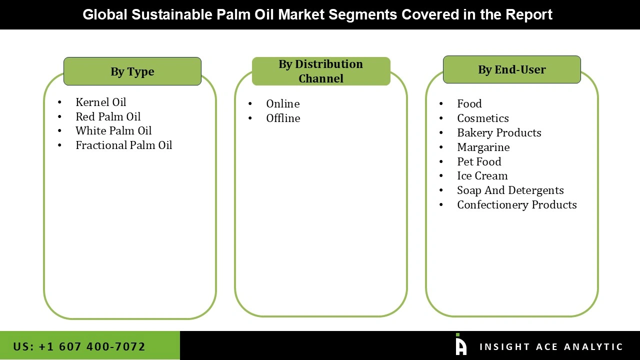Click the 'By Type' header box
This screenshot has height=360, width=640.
pos(132,71)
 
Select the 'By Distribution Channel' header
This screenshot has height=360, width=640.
pos(321,71)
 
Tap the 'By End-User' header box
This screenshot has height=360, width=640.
pos(511,69)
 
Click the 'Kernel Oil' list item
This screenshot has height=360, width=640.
pos(100,102)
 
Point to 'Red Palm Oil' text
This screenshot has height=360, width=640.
pos(108,116)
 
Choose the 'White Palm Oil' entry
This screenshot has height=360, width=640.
pos(113,130)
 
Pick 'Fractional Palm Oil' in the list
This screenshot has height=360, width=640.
pos(123,145)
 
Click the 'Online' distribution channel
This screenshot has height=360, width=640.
pos(282,103)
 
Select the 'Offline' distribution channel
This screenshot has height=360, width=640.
pos(283,118)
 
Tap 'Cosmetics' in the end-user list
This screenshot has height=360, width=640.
pos(482,118)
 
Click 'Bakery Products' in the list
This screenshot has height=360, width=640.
pos(499,132)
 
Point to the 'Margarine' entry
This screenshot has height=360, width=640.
pos(483,147)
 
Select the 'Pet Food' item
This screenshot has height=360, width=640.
pos(479,161)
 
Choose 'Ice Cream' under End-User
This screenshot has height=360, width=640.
pos(482,175)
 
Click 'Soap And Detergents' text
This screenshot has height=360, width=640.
pos(510,190)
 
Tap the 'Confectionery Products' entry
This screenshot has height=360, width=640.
pos(516,204)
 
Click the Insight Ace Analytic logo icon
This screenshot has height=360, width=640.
pos(460,345)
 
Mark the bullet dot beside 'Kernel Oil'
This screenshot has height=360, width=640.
pos(60,102)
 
